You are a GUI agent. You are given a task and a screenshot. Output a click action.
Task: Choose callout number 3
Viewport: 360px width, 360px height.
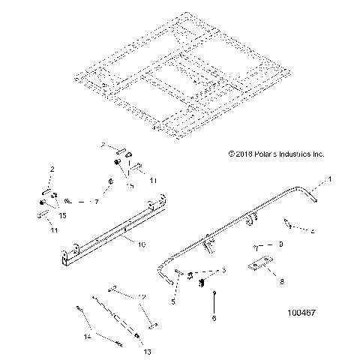(221, 271)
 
